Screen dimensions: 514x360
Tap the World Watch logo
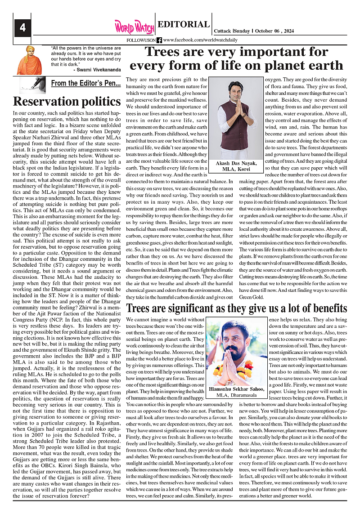click(x=134, y=27)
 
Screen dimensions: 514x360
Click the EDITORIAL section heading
click(x=184, y=25)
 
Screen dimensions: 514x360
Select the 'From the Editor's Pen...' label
click(x=85, y=83)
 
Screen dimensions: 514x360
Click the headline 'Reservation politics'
click(x=67, y=101)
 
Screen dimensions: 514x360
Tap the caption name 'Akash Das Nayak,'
click(x=237, y=163)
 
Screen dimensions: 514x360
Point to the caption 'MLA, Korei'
click(x=237, y=170)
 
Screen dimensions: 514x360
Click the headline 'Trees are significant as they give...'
click(x=237, y=308)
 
